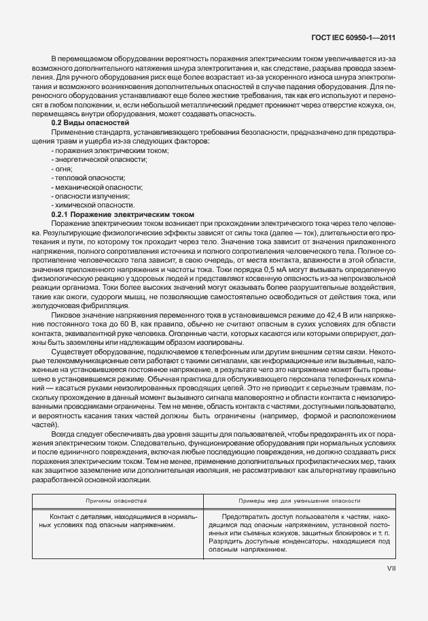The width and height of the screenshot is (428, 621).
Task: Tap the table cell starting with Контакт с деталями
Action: click(x=116, y=521)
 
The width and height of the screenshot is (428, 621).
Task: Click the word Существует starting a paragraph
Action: click(x=72, y=352)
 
